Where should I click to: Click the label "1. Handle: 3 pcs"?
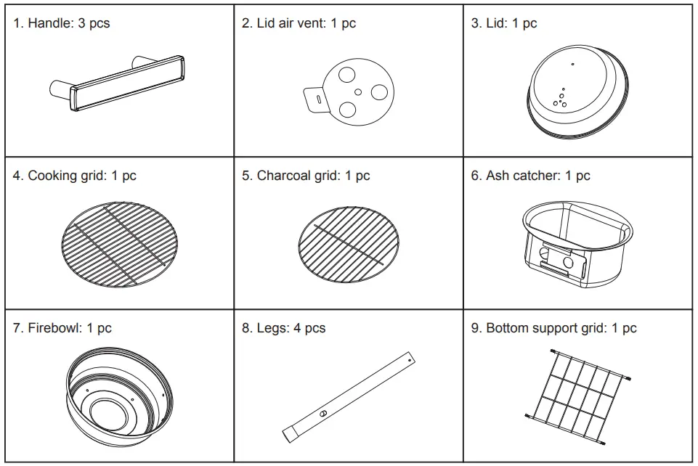click(x=62, y=23)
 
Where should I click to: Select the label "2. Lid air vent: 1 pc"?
click(x=299, y=23)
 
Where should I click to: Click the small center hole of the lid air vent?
click(x=358, y=92)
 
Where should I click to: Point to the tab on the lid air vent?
click(x=314, y=98)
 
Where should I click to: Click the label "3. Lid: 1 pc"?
click(x=503, y=23)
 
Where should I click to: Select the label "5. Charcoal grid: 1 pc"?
click(x=306, y=176)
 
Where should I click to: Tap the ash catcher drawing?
click(x=577, y=240)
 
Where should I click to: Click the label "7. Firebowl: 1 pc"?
click(x=62, y=328)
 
